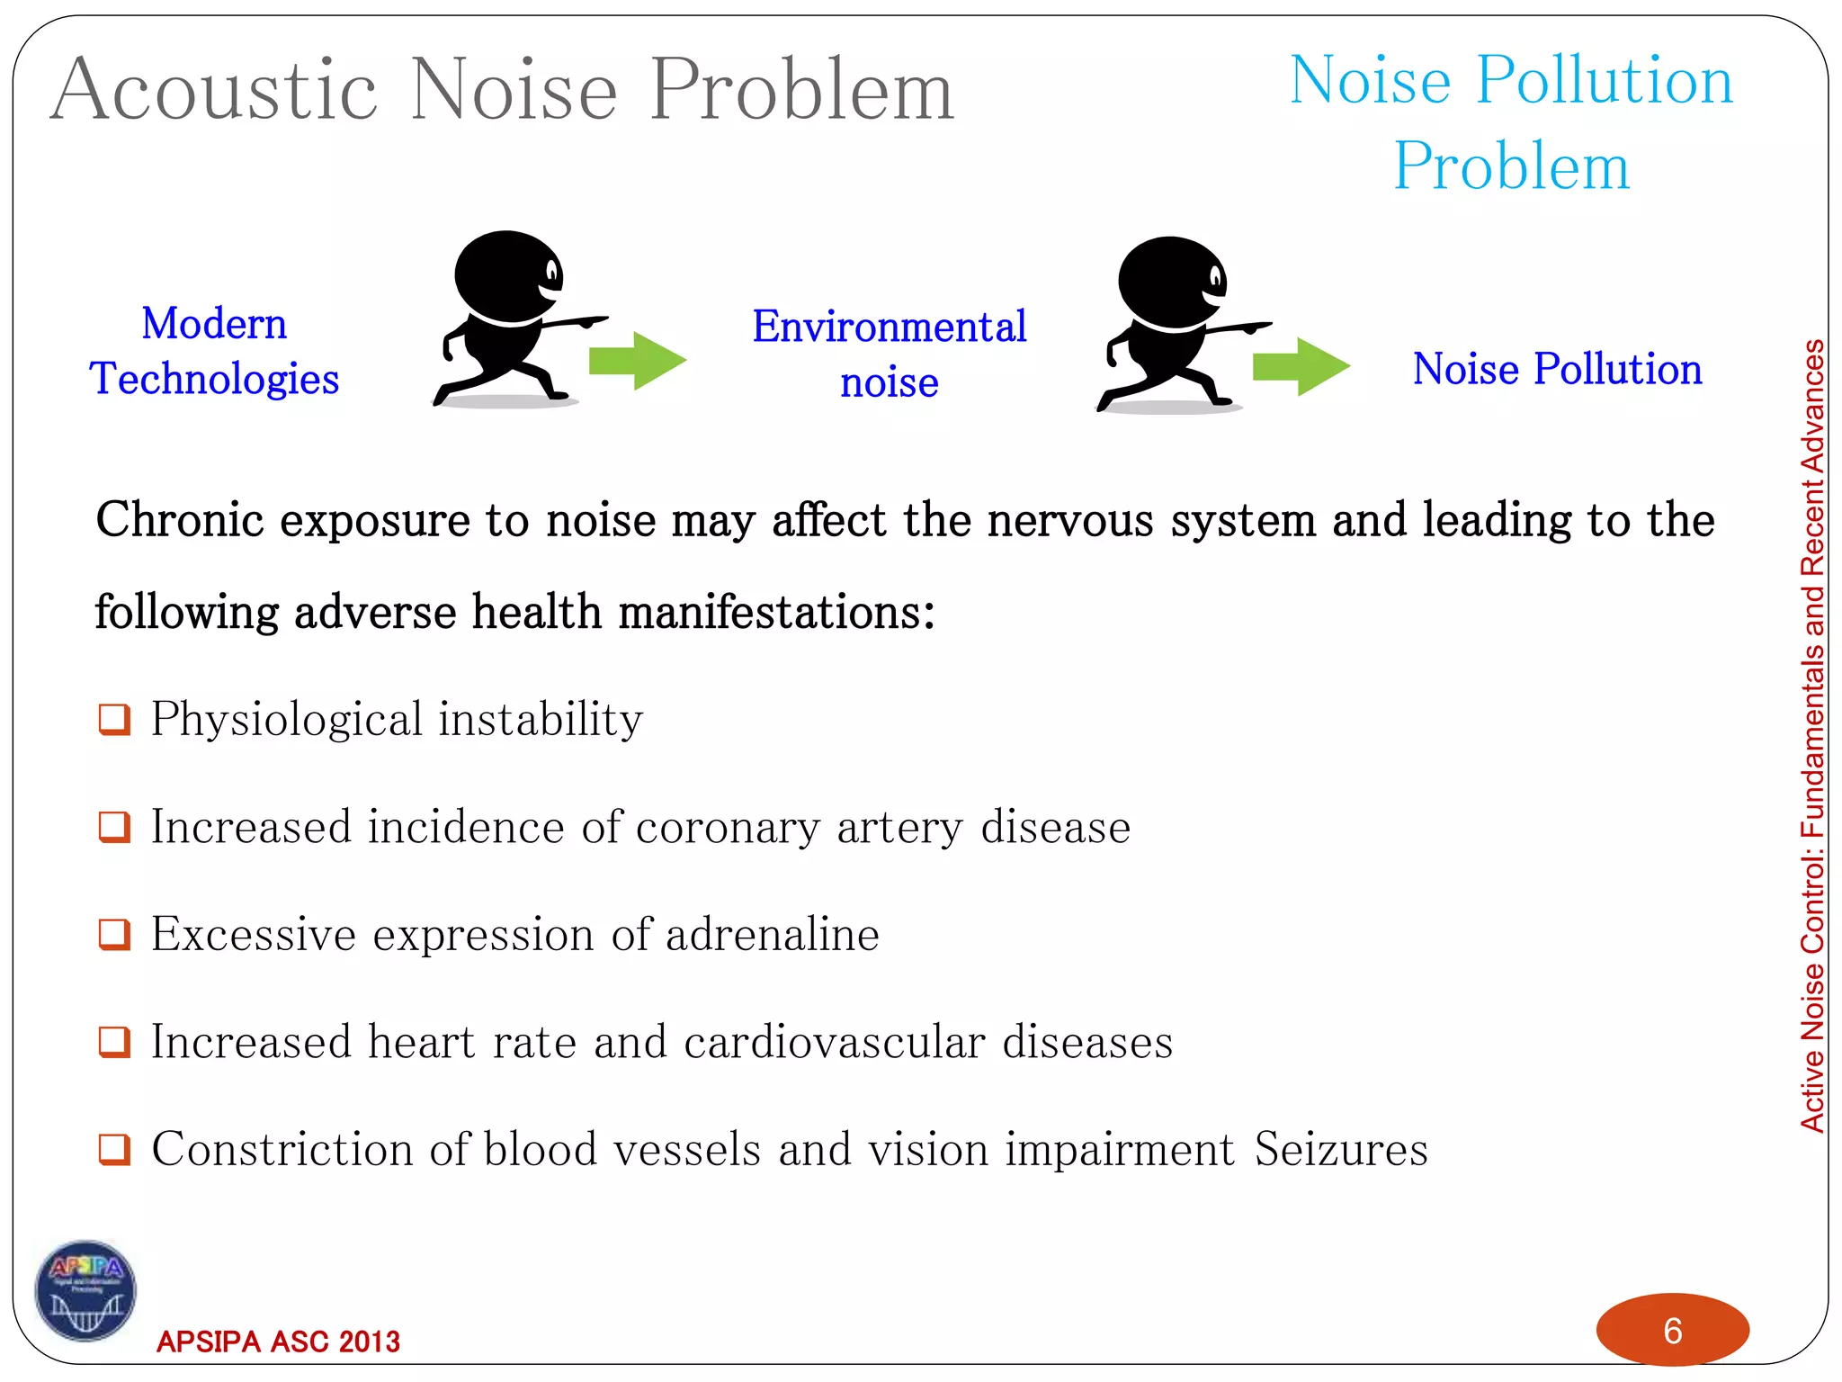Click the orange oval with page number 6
click(1672, 1330)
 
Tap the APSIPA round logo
click(85, 1290)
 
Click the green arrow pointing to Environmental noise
click(637, 361)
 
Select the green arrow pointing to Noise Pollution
click(1301, 366)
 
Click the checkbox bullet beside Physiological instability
click(114, 720)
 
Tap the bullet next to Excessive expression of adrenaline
click(114, 935)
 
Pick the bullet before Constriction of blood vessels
click(114, 1150)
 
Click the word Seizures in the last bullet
click(1340, 1150)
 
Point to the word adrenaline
click(772, 935)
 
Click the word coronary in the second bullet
click(728, 828)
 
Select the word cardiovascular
click(834, 1043)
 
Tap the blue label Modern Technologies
click(214, 351)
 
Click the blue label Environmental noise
click(889, 354)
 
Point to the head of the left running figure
click(506, 274)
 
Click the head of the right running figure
click(1170, 281)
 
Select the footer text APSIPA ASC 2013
click(278, 1342)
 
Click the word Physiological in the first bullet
click(286, 720)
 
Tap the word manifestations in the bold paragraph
click(776, 613)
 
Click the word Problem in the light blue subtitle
click(1511, 166)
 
